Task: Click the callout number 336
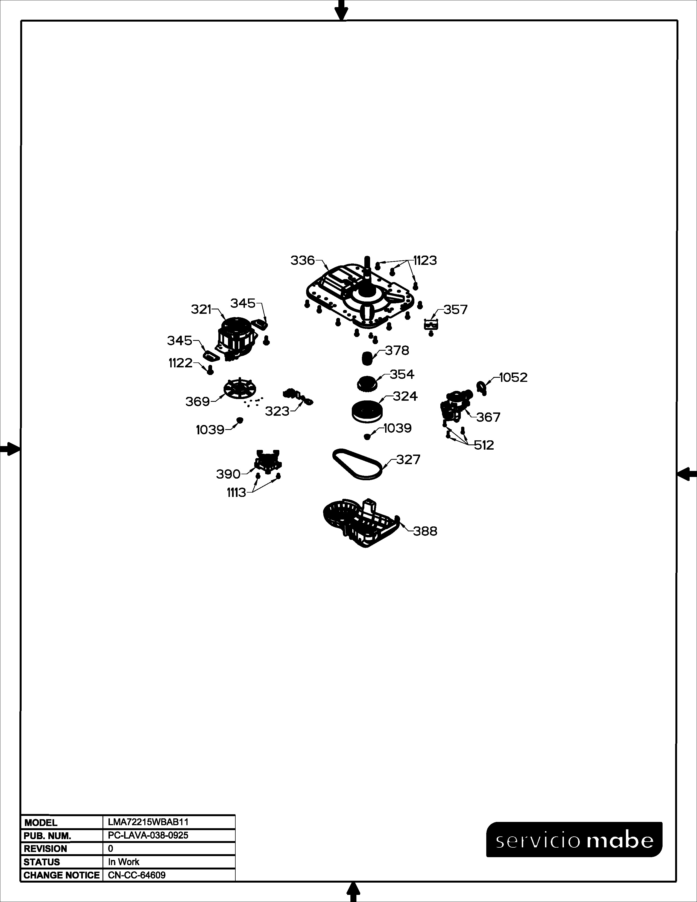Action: coord(303,260)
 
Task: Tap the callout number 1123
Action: coord(425,260)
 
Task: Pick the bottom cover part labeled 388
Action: coord(361,522)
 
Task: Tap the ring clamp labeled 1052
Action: coord(481,386)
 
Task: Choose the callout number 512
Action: coord(484,445)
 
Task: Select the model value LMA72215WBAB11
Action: coord(148,822)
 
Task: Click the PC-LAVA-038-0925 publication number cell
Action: coord(148,835)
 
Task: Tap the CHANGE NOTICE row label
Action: coord(61,875)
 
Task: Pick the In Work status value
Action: coord(124,862)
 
